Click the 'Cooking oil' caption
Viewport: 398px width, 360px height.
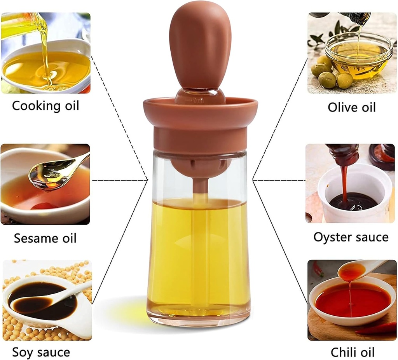click(45, 106)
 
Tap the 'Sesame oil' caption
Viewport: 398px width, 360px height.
click(45, 238)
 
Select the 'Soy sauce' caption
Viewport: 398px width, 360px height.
click(41, 352)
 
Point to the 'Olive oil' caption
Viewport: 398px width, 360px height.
click(352, 107)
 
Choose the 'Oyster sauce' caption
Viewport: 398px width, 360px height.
click(351, 237)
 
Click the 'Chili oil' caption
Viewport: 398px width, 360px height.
click(353, 352)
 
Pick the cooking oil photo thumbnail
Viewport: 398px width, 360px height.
click(45, 53)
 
